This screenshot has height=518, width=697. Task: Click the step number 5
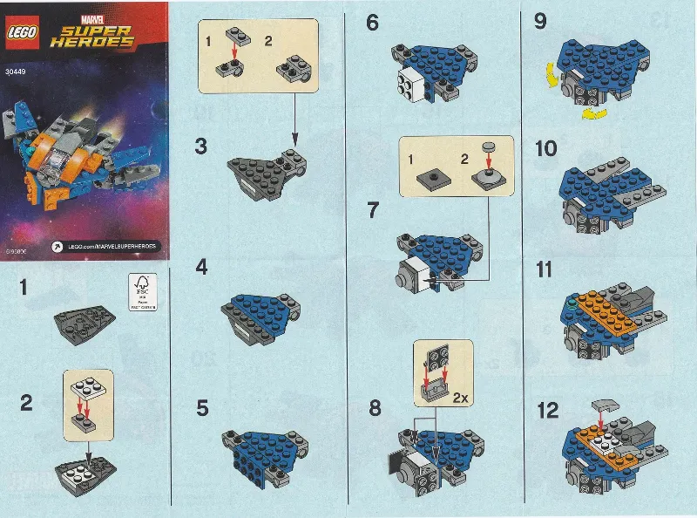202,407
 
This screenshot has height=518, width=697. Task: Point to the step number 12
548,410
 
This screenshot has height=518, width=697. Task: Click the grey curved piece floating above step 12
608,404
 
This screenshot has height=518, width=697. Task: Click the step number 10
547,149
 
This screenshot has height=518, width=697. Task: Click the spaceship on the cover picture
83,153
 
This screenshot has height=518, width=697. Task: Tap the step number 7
373,210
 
